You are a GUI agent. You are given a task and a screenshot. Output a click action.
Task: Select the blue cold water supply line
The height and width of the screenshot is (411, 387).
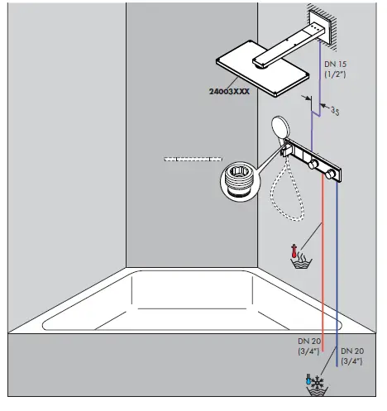338,273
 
